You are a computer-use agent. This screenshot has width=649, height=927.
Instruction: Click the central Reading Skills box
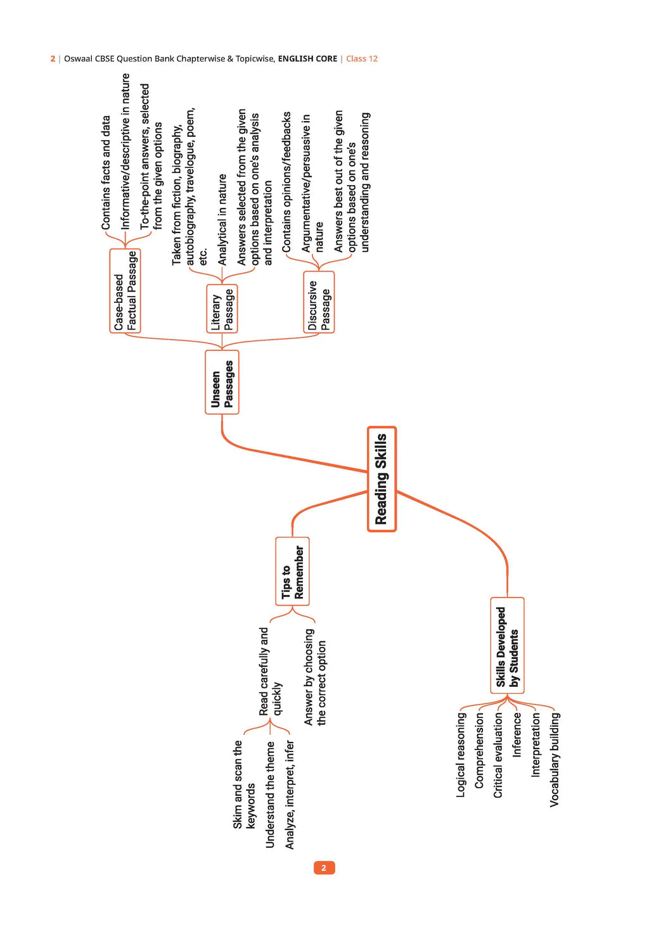(x=382, y=479)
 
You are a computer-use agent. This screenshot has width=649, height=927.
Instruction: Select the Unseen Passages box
(x=222, y=382)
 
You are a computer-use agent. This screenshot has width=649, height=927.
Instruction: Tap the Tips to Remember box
(x=292, y=572)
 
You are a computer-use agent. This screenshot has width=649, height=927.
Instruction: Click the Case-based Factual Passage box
(x=125, y=291)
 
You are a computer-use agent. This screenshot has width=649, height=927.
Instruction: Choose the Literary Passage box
(x=222, y=309)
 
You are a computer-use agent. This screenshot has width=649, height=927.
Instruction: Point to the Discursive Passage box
(x=319, y=302)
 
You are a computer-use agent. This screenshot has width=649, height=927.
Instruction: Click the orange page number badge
(x=324, y=867)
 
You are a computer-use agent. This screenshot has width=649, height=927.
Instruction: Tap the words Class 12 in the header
(x=362, y=59)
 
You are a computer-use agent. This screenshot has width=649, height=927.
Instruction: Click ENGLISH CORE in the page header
(x=307, y=59)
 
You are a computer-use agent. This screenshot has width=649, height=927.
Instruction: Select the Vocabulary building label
(x=555, y=759)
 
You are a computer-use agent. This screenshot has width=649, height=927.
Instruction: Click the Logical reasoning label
(x=461, y=755)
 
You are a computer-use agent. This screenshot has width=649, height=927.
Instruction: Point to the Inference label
(x=517, y=735)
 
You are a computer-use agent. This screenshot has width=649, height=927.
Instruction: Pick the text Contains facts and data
(x=106, y=172)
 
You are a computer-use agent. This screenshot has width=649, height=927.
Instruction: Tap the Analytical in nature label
(x=222, y=219)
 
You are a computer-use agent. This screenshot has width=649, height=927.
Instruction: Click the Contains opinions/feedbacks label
(x=286, y=182)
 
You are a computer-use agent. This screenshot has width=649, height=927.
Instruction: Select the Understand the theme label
(x=271, y=795)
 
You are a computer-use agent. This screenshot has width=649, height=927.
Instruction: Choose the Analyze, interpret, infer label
(x=290, y=795)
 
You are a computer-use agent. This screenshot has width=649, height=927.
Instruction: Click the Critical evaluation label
(x=498, y=755)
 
